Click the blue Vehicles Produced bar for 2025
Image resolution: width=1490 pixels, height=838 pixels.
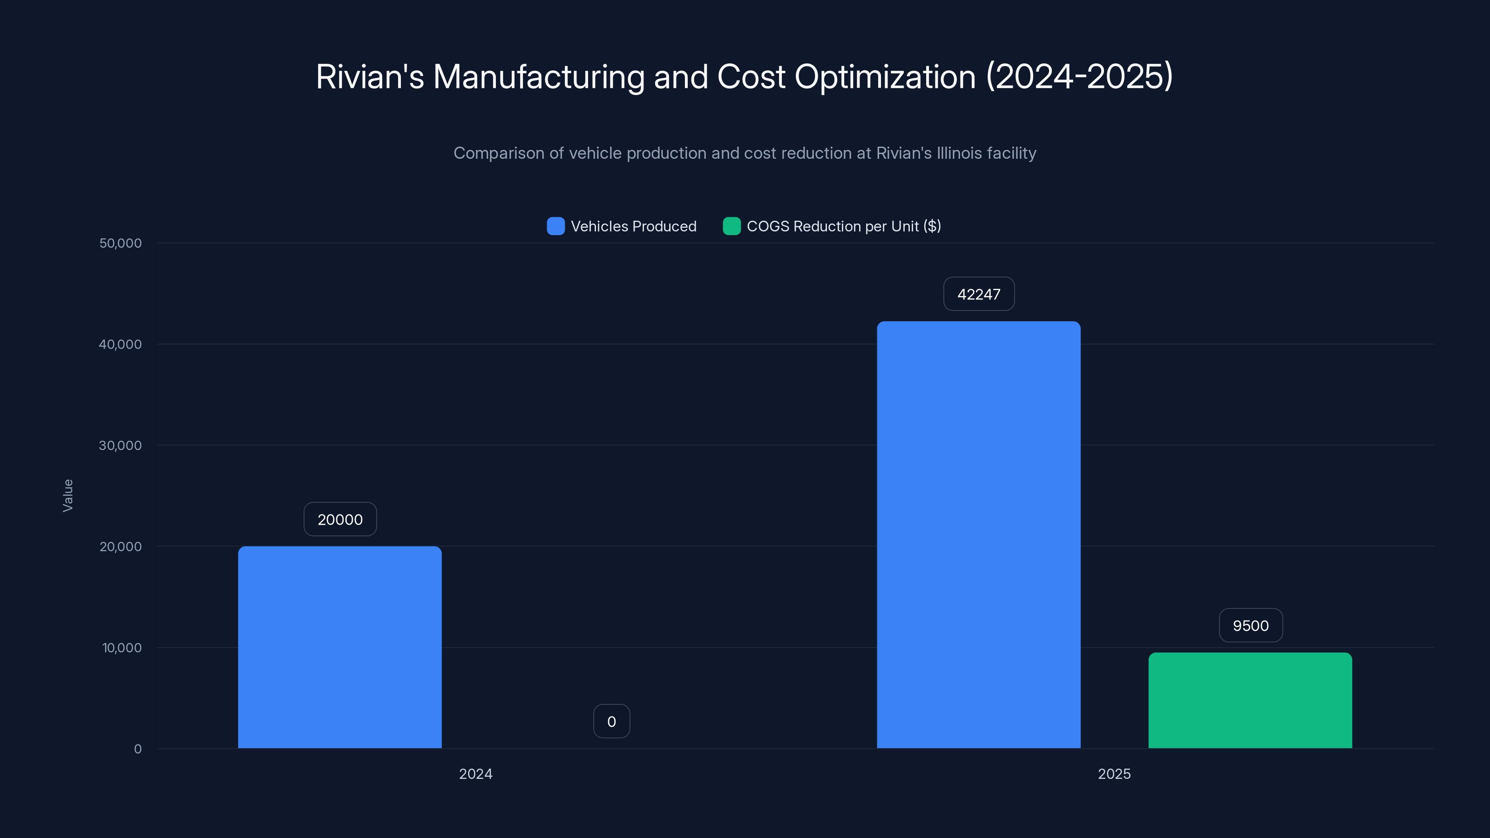978,534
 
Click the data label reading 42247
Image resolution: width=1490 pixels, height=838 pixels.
979,294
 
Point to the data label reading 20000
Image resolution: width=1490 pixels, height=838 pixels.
340,520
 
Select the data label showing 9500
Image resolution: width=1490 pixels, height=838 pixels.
1251,626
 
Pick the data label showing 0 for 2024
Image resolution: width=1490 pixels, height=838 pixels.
611,722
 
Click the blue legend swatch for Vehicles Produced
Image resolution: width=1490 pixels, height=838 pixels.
555,226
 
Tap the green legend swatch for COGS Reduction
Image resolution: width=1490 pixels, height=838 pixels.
731,226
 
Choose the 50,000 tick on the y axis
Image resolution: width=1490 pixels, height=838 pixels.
120,243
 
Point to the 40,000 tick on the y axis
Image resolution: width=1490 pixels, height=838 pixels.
120,345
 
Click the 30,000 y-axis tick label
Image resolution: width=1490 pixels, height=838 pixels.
120,446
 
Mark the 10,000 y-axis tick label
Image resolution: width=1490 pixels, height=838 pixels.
122,648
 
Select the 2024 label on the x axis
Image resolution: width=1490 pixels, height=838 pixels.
475,774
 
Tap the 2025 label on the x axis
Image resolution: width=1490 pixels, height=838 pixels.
1114,774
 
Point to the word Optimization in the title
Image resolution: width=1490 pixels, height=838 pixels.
885,77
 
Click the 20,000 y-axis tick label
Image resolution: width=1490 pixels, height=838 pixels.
120,547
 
